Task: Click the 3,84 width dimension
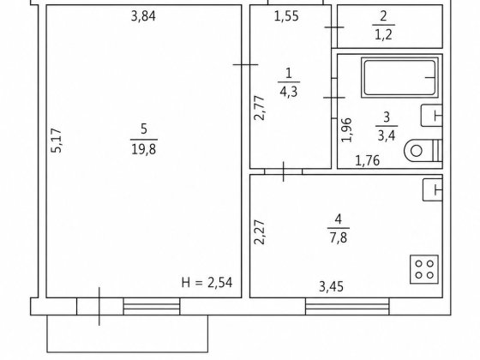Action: [143, 16]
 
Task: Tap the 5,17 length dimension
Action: [57, 141]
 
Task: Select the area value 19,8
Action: [144, 149]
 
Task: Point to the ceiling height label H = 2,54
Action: [207, 283]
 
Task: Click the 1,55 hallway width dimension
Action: [286, 16]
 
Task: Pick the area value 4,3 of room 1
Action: [288, 92]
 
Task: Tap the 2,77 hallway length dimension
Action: [260, 108]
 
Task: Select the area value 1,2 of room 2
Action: [383, 35]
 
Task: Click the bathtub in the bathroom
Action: [399, 78]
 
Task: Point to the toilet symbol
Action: [423, 150]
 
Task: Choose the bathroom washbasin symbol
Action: [432, 116]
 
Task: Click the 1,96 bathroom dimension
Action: [347, 130]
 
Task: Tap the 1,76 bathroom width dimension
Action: [368, 161]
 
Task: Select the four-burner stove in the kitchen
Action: [424, 269]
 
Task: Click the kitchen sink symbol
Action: [433, 190]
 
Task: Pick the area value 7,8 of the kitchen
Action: [339, 237]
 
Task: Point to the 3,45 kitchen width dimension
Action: [331, 287]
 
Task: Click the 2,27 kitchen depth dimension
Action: [260, 232]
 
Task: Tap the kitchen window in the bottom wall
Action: [347, 306]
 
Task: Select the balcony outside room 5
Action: [128, 333]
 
